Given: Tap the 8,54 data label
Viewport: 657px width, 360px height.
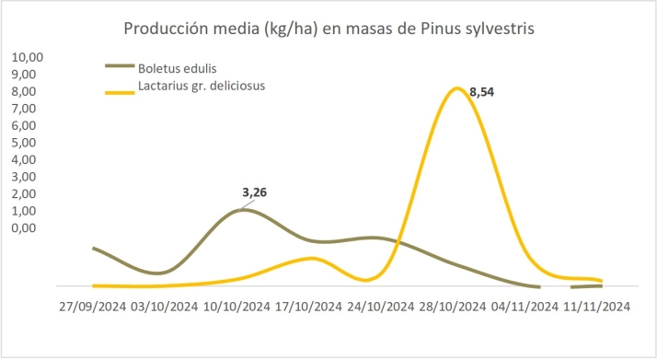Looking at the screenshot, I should click(481, 92).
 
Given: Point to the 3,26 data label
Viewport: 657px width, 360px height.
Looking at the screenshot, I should click(259, 192).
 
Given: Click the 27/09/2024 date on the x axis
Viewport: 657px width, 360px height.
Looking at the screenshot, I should click(91, 307).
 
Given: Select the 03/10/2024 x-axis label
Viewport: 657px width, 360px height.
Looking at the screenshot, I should click(164, 307).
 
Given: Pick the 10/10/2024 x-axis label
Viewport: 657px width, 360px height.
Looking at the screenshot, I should click(236, 307).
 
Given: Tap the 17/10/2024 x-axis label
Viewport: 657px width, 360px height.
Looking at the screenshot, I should click(309, 307).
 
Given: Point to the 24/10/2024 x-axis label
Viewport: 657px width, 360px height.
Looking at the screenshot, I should click(381, 307).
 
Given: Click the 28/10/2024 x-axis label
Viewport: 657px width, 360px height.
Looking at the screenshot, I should click(453, 307).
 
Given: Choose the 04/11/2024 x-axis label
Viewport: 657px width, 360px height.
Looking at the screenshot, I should click(524, 307).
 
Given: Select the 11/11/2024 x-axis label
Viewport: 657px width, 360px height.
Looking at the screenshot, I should click(596, 307).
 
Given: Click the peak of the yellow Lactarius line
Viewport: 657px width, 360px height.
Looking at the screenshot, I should click(456, 88).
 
